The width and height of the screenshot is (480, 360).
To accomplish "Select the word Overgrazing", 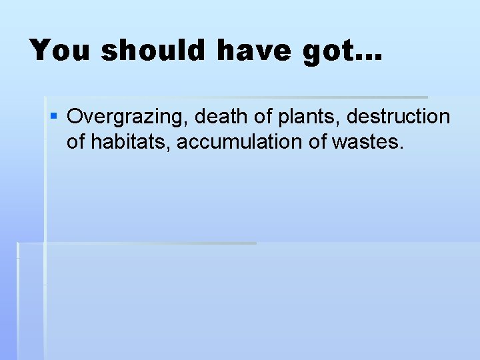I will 127,117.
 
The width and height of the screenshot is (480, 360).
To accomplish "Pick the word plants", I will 303,117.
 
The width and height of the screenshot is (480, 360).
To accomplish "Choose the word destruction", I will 399,117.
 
